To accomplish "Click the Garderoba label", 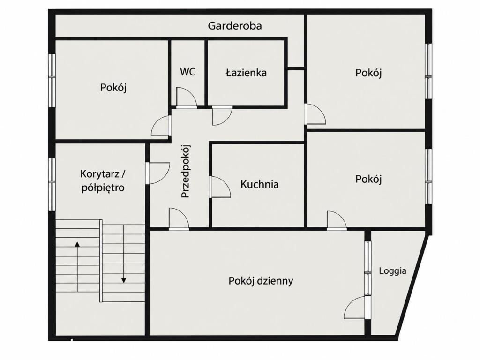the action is click(x=235, y=26).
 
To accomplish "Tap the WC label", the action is click(x=187, y=72).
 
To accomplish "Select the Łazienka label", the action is click(x=246, y=73).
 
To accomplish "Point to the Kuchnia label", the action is click(x=260, y=184).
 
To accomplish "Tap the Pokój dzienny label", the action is click(x=261, y=281).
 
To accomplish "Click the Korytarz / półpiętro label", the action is click(x=103, y=180).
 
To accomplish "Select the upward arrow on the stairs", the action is click(x=77, y=266).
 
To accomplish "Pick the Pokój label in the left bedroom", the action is click(x=113, y=88).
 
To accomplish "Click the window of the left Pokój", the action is click(x=52, y=81).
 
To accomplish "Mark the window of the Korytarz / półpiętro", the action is click(x=52, y=184).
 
